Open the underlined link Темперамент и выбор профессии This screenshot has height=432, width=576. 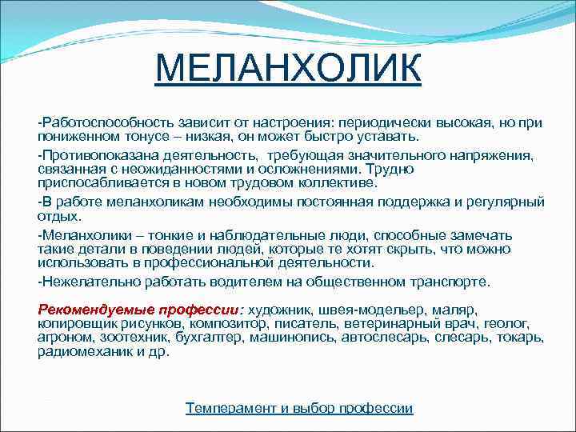299,408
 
